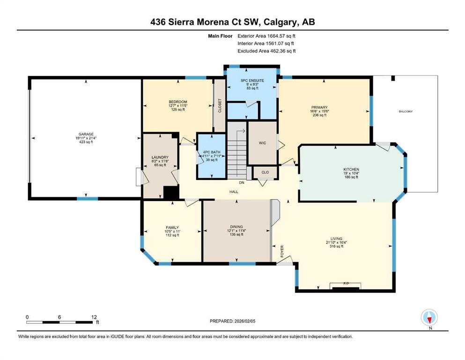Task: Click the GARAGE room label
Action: coord(86,134)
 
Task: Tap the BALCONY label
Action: coord(406,112)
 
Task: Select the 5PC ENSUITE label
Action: coord(252,81)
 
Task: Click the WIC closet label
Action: coord(262,143)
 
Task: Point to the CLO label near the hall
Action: coord(265,172)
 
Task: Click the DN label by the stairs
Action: coord(242,183)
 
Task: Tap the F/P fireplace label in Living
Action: coord(346,284)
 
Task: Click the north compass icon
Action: coord(429,318)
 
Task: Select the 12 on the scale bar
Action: coord(94,317)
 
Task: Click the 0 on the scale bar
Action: coord(27,317)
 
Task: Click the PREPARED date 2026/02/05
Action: coord(245,321)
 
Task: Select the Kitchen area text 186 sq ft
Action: coord(351,177)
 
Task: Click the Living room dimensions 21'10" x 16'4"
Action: coord(337,242)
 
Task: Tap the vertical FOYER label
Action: coord(282,251)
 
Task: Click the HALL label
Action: coord(234,192)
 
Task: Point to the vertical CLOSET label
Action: coord(220,105)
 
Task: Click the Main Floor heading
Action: coord(221,36)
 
